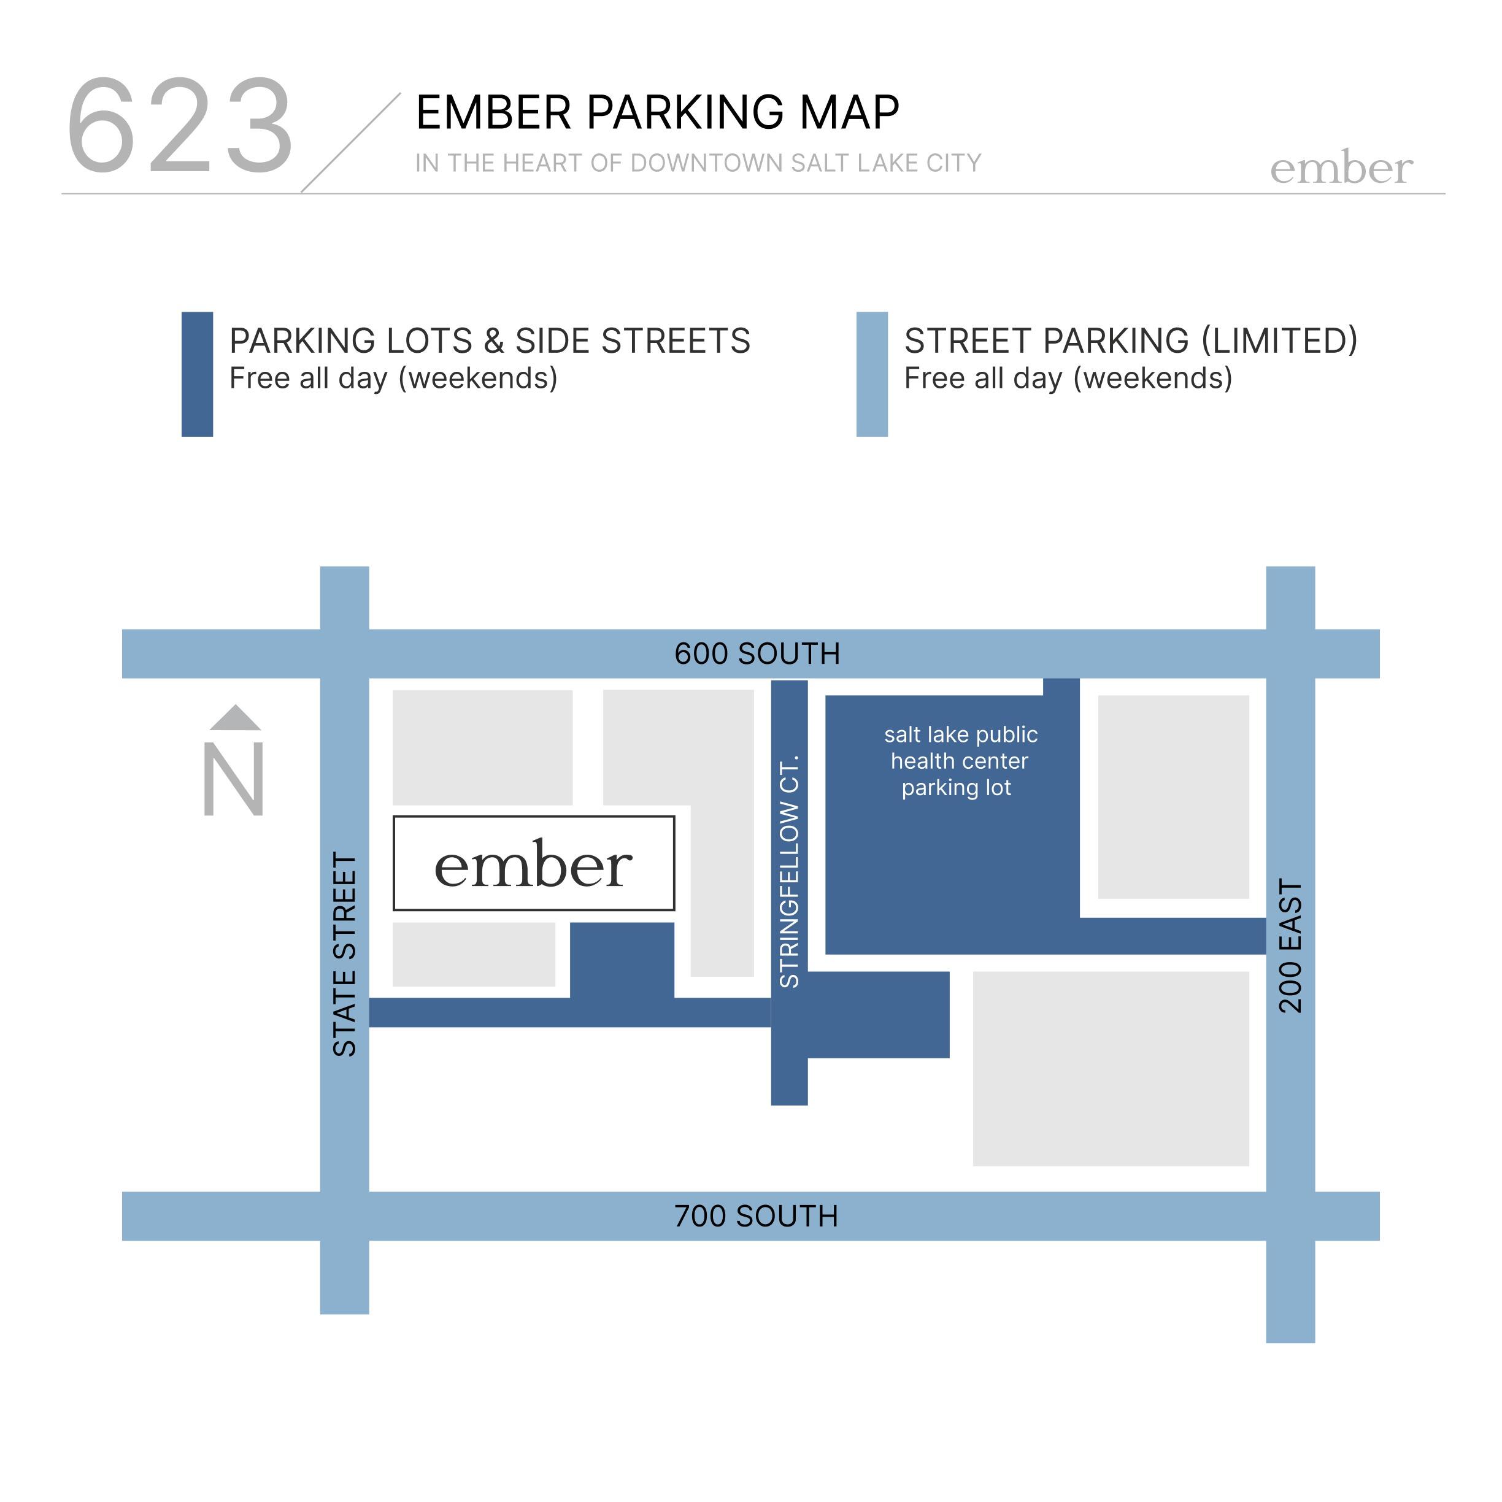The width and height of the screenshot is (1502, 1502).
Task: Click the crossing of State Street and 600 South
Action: coord(344,654)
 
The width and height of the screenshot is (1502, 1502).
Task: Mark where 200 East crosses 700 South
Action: coord(1290,1216)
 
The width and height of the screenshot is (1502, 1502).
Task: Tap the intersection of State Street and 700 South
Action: coord(344,1216)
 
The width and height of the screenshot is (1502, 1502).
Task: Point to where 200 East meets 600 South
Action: coord(1290,654)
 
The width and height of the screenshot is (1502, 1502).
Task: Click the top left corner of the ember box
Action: coord(393,816)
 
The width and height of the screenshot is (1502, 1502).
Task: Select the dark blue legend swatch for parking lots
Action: coord(197,374)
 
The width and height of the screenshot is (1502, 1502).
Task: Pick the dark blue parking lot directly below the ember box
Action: coord(622,960)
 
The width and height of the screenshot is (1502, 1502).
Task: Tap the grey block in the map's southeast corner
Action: coord(1111,1069)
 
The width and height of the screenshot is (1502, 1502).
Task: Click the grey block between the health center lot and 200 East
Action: coord(1173,797)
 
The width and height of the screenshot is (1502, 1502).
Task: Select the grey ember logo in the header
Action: coord(1341,168)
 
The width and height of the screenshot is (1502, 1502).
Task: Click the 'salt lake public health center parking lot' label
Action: coord(960,761)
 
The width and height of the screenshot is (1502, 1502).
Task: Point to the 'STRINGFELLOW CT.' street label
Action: coord(789,871)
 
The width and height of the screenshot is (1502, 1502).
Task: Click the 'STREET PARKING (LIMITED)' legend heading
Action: coord(1131,341)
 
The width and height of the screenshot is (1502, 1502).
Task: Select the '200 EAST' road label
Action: coord(1290,946)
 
